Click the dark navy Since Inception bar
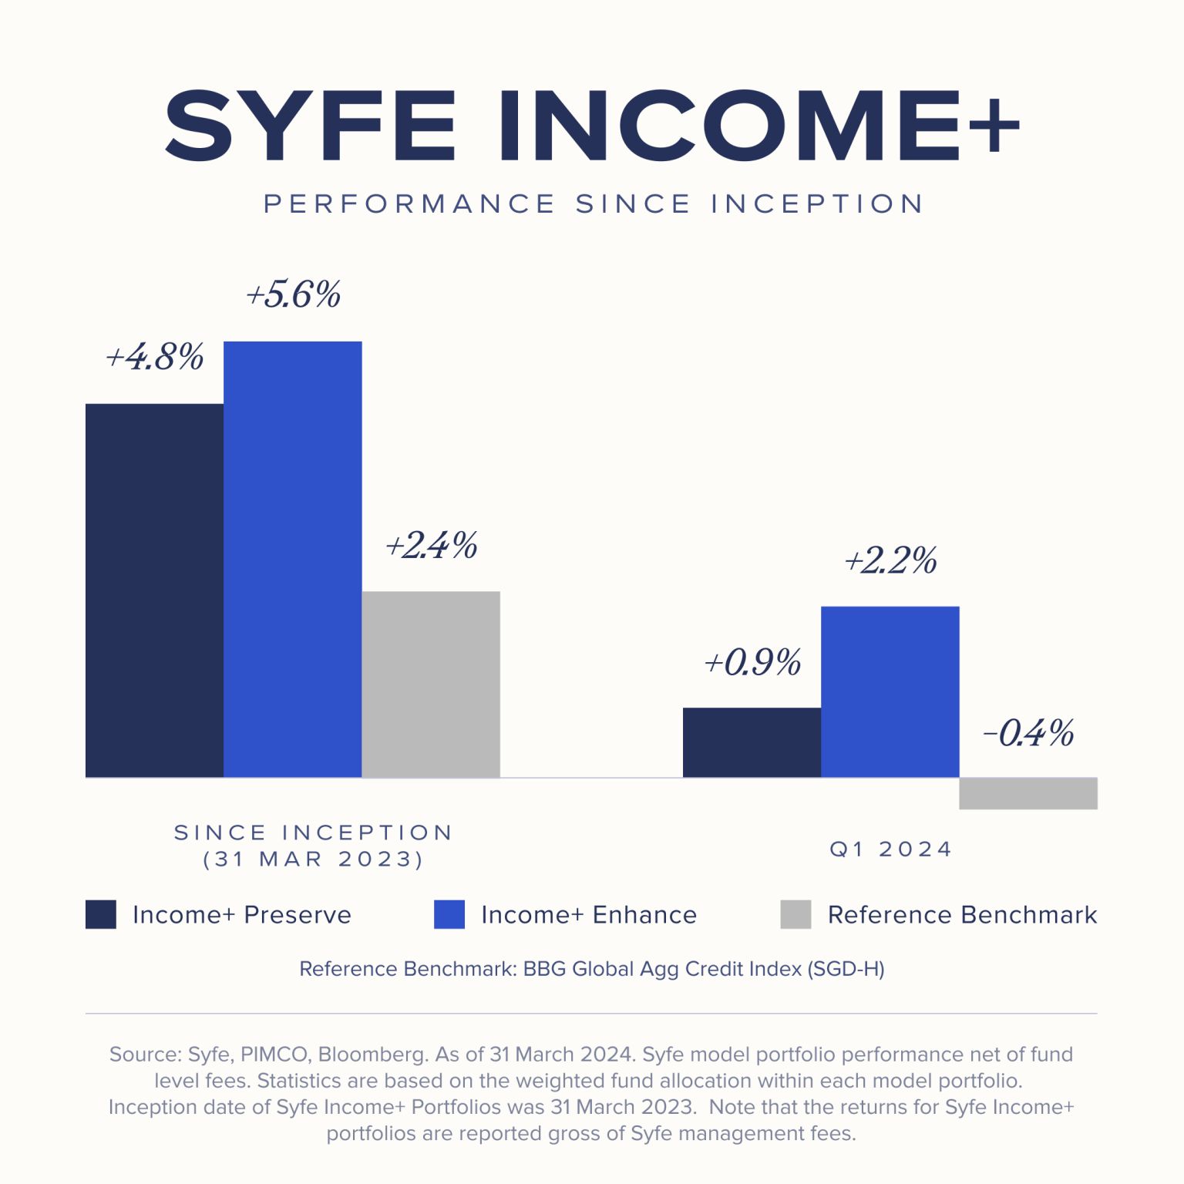tap(154, 590)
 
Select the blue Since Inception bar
tap(293, 559)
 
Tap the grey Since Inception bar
tap(431, 684)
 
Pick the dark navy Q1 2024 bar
tap(752, 742)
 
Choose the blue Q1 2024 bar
tap(890, 691)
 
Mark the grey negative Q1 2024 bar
tap(1028, 793)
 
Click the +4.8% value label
tap(155, 357)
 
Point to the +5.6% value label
tap(294, 294)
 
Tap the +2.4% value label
tap(432, 545)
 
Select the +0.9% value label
tap(753, 662)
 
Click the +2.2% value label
tap(891, 560)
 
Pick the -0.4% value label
tap(1028, 733)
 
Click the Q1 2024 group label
tap(891, 849)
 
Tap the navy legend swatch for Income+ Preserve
tap(101, 914)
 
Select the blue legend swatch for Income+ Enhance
tap(449, 914)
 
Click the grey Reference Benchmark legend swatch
tap(795, 914)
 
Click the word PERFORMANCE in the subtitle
tap(409, 204)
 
